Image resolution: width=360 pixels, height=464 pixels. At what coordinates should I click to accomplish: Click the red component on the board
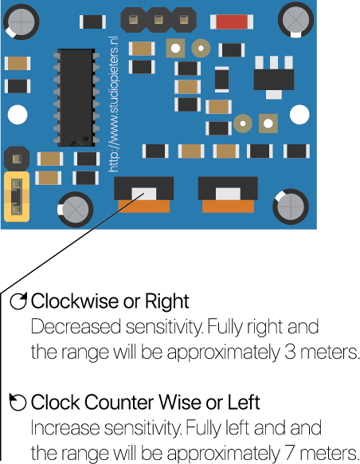tap(232, 22)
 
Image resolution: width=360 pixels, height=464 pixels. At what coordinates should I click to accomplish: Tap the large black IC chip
tap(76, 97)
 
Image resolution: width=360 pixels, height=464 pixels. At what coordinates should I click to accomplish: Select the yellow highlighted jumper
tap(17, 196)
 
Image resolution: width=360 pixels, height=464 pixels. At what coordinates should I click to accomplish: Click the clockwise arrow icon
tap(18, 301)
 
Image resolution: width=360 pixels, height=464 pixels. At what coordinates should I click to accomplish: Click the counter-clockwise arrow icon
tap(18, 402)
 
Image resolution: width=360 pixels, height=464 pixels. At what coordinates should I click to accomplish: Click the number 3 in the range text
tap(290, 352)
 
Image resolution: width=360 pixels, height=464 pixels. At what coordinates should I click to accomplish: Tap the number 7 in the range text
tap(290, 453)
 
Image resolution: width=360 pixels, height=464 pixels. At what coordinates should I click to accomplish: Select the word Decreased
tap(76, 327)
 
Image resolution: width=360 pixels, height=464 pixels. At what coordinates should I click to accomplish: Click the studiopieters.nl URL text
tap(113, 104)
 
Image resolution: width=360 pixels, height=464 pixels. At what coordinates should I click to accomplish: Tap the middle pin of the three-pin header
tap(158, 20)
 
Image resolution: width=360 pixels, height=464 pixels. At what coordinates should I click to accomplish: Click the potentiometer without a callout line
tap(228, 195)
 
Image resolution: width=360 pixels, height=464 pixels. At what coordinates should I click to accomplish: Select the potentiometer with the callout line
tap(144, 195)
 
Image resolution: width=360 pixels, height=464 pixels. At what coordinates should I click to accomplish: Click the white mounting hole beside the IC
tap(18, 115)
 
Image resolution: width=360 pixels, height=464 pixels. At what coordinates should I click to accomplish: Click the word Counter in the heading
tap(119, 402)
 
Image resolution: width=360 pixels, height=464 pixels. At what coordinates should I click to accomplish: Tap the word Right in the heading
tap(167, 302)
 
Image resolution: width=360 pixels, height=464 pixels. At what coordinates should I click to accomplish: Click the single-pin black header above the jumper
tap(17, 159)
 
